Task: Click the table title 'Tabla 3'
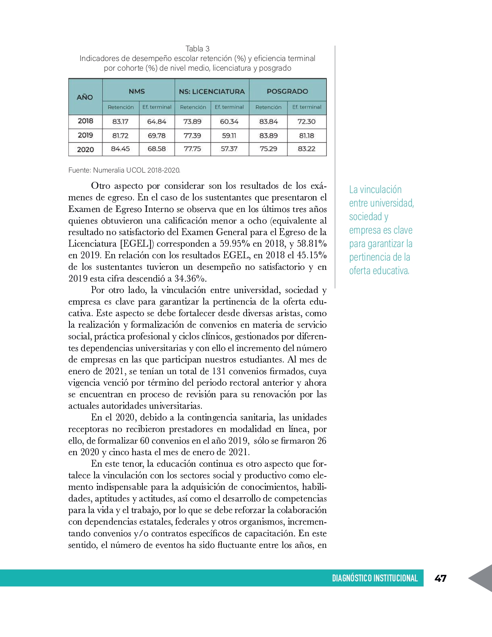coord(197,49)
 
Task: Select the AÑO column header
coord(85,97)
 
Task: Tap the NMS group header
coord(137,91)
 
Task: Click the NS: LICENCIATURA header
coord(211,91)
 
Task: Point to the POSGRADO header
coord(287,91)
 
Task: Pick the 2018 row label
coord(85,121)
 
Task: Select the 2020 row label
coord(85,149)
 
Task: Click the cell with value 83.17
coord(120,122)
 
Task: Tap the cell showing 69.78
coord(156,136)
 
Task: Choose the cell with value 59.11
coord(229,136)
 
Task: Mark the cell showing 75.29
coord(268,149)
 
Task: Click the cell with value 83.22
coord(306,149)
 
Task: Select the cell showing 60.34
coord(229,122)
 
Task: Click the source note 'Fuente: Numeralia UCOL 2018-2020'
coord(124,170)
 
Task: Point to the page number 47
coord(440,578)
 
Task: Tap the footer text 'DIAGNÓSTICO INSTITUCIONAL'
coord(375,578)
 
